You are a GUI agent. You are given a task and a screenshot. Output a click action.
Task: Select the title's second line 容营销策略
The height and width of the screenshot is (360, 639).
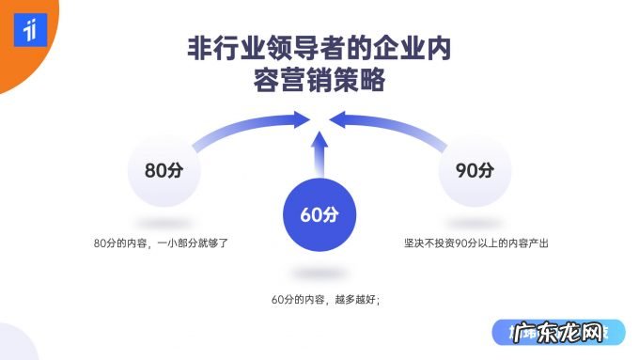point(319,83)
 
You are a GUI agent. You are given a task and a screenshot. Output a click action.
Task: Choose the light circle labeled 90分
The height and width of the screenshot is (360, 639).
point(475,171)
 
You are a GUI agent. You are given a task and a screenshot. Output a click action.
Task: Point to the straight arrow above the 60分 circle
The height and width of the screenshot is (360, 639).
point(319,154)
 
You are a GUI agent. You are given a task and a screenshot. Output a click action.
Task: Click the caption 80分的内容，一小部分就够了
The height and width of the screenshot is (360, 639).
point(162,243)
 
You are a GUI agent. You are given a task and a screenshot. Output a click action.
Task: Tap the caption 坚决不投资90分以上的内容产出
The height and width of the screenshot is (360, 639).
point(475,243)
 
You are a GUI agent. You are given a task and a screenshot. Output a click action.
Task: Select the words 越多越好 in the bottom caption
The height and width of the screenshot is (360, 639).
point(354,300)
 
